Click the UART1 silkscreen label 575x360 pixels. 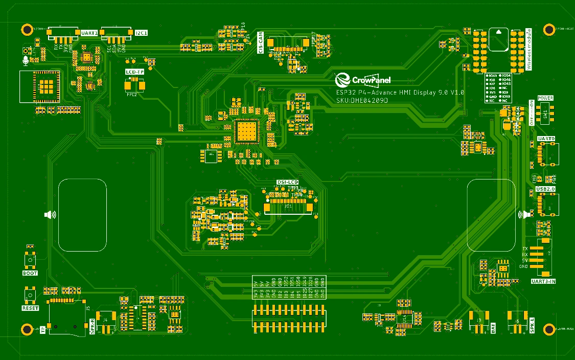89,33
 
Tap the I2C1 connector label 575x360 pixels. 141,33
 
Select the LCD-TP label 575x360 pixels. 135,72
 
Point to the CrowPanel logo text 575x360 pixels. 371,80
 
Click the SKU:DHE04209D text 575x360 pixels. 362,101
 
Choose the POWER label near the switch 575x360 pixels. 545,98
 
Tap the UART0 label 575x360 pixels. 546,139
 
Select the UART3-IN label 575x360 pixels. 543,282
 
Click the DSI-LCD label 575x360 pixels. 287,182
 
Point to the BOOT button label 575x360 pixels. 30,273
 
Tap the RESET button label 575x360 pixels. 30,308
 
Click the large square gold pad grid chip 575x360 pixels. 246,131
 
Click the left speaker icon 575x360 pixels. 50,215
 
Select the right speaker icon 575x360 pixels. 522,215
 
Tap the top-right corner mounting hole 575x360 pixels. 549,29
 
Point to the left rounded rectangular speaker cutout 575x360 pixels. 83,215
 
